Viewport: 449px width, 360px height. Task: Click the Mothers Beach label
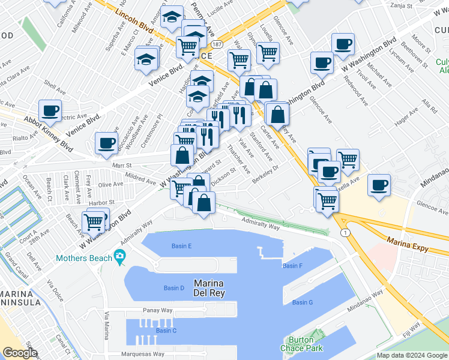(x=84, y=258)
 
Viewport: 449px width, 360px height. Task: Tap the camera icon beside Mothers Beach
(x=119, y=256)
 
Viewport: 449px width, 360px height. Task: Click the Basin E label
(x=181, y=246)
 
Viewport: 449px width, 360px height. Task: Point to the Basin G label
(x=302, y=302)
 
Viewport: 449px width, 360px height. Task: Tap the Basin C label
(x=166, y=330)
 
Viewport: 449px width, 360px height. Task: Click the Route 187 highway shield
(x=217, y=45)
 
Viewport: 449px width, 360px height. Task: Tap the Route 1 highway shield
(x=345, y=232)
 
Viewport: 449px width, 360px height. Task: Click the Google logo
(x=20, y=352)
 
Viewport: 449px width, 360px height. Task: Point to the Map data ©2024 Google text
(x=412, y=355)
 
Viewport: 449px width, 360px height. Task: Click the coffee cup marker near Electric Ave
(x=50, y=110)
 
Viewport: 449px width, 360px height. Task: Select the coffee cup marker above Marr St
(x=106, y=143)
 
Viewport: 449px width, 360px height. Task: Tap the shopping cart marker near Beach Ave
(x=94, y=221)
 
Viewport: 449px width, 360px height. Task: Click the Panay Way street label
(x=157, y=310)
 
